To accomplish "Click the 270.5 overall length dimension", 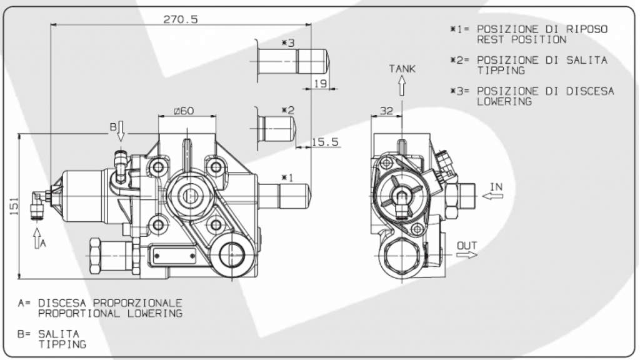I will pos(181,19).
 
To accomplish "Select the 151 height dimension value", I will pos(13,204).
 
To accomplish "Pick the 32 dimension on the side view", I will pos(387,111).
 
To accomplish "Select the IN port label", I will pos(496,186).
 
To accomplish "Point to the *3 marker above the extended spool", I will pos(287,43).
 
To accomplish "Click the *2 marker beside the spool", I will pos(287,111).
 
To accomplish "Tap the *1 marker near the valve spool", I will pos(287,177).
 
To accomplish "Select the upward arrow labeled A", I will pos(36,236).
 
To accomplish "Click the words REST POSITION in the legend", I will pos(522,39).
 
